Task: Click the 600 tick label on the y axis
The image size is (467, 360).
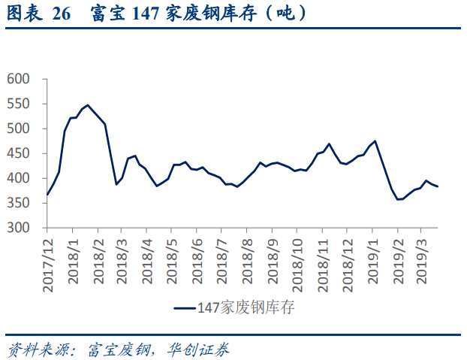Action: (x=18, y=79)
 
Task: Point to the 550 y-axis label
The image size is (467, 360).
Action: (x=18, y=104)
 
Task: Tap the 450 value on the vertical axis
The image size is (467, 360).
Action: (x=18, y=153)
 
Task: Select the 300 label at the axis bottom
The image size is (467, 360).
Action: (x=18, y=228)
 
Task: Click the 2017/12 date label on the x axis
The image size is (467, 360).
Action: (x=47, y=265)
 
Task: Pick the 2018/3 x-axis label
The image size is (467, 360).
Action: (x=122, y=262)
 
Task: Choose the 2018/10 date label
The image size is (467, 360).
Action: (x=297, y=265)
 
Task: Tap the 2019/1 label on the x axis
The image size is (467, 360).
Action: (x=372, y=262)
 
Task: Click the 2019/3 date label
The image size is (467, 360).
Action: (x=421, y=262)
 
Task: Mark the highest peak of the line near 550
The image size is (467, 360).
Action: (x=88, y=105)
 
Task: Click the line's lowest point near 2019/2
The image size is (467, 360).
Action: (x=397, y=199)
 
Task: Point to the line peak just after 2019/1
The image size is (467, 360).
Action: (x=375, y=141)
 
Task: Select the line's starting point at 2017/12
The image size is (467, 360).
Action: (x=47, y=195)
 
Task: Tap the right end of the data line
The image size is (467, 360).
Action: (x=438, y=186)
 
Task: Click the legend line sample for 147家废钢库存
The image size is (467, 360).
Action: (x=185, y=308)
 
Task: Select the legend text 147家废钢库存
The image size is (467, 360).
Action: (x=246, y=307)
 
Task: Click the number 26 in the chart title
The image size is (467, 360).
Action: (x=62, y=14)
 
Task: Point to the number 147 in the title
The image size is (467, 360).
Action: (x=146, y=14)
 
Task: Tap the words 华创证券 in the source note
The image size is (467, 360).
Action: (x=197, y=349)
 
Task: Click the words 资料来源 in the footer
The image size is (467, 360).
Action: (x=39, y=349)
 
